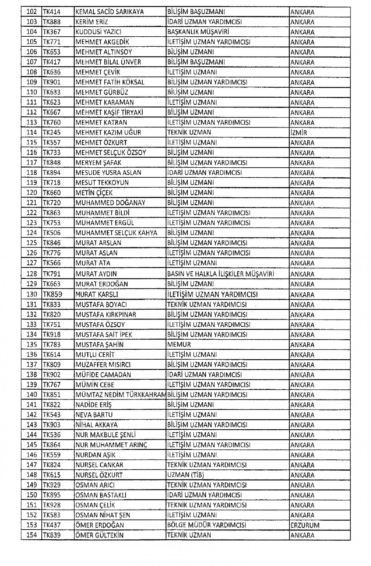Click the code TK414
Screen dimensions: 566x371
tap(51, 12)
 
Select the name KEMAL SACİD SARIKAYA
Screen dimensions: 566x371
tap(110, 12)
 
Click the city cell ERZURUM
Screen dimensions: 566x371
tap(305, 525)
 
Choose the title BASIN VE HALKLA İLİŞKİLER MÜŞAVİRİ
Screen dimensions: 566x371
tap(221, 274)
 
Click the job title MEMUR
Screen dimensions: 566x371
tap(179, 344)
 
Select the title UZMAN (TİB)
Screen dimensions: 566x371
tap(185, 475)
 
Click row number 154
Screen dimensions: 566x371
tap(32, 535)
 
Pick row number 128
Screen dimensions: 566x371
tap(32, 274)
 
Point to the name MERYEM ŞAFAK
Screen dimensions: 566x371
tap(99, 163)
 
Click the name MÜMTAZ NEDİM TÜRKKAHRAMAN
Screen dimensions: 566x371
tap(121, 394)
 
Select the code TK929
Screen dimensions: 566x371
tap(51, 485)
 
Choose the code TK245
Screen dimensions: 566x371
tap(51, 133)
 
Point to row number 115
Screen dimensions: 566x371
tap(32, 143)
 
